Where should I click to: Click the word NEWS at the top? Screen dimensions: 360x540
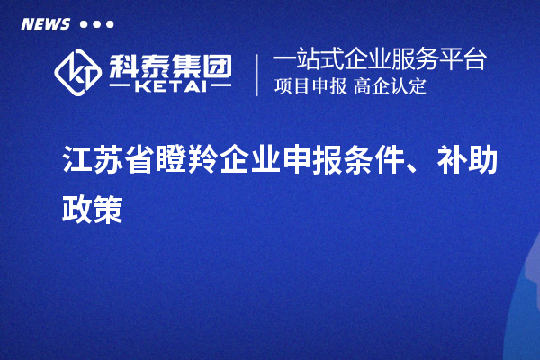45,24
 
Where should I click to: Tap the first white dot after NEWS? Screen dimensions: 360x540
83,24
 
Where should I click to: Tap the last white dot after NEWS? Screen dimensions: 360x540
110,24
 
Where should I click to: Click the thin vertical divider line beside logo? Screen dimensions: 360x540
257,75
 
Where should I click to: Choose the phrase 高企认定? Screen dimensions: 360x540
390,87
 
